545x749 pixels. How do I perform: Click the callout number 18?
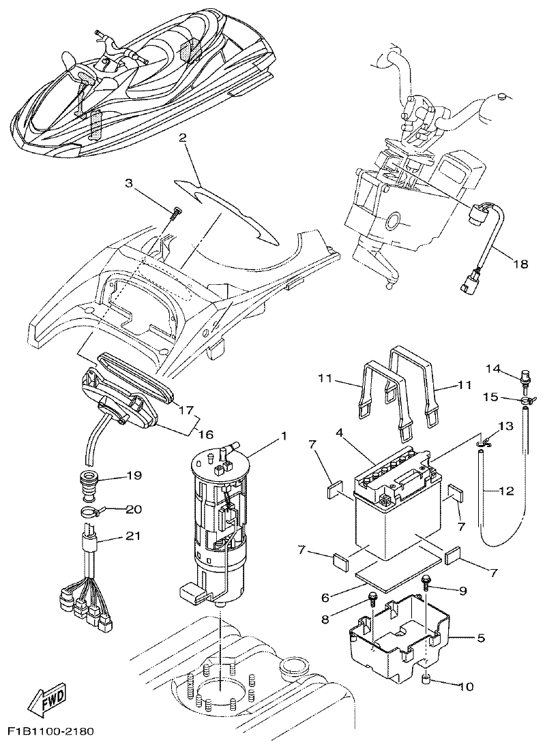click(x=520, y=264)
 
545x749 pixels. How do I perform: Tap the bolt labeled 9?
click(x=426, y=581)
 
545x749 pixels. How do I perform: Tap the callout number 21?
click(x=134, y=536)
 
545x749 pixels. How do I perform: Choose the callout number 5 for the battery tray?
click(x=480, y=639)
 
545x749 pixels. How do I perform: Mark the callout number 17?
click(x=186, y=410)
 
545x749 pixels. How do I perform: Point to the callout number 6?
click(x=326, y=597)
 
